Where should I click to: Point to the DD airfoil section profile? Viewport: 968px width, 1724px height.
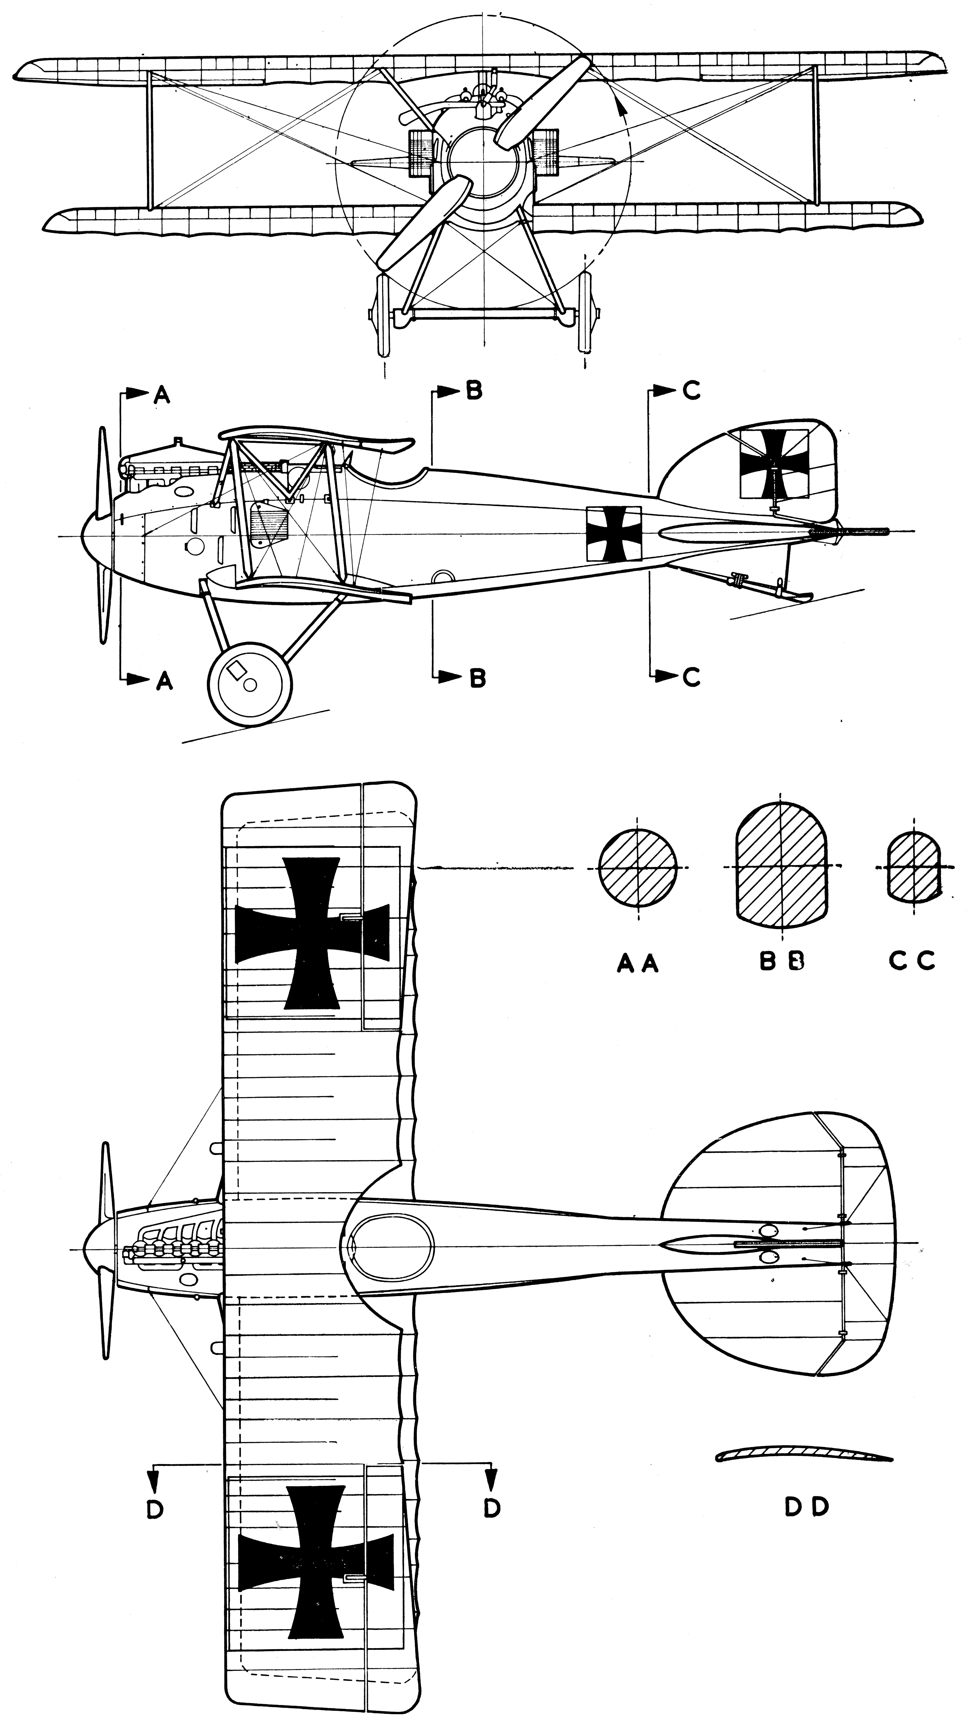[803, 1452]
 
